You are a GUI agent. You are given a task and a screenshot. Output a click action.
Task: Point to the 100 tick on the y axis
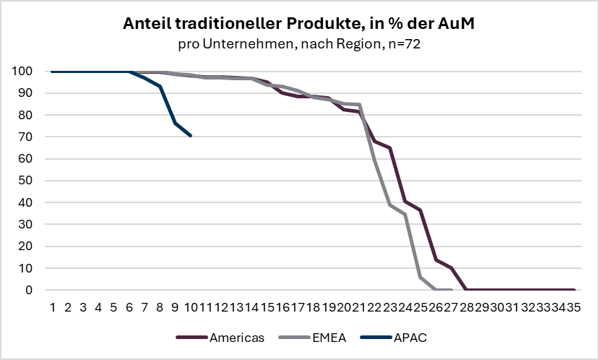pos(22,72)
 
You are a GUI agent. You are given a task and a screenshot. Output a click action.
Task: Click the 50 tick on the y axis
pos(25,181)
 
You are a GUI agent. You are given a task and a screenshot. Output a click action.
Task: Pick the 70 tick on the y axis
pos(25,137)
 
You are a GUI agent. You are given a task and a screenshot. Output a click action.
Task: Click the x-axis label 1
pos(53,307)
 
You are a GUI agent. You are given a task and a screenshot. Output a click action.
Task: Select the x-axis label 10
pos(190,307)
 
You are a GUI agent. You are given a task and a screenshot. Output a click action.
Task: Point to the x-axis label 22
pos(374,307)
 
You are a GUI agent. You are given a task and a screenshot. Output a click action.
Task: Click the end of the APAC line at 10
pos(190,135)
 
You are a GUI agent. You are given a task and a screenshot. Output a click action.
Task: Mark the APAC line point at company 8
pos(160,86)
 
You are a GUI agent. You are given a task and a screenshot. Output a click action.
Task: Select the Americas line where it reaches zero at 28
pos(466,290)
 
